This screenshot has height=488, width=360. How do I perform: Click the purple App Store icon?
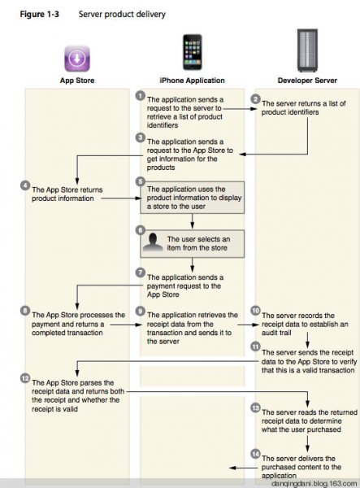pos(77,59)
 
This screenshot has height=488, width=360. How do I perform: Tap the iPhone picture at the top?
pos(192,52)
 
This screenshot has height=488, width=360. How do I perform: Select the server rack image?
pos(307,50)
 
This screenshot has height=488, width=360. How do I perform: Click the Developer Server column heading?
pos(307,81)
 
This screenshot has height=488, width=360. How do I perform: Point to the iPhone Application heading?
pos(192,81)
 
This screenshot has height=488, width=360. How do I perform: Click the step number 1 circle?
pos(141,95)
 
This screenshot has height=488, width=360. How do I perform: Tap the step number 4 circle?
pos(25,185)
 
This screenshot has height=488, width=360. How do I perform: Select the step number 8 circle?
pos(25,311)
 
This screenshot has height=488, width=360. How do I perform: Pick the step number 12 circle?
pos(25,378)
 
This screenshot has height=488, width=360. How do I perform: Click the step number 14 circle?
pos(255,454)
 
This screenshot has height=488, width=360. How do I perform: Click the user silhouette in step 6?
pos(153,242)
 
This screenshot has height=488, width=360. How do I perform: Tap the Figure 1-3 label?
pos(40,15)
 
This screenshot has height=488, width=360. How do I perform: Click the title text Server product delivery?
pos(122,15)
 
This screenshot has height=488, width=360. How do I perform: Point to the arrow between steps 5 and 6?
pos(192,221)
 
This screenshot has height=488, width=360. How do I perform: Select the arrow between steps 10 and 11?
pos(307,340)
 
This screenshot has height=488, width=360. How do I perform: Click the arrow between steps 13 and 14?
pos(307,444)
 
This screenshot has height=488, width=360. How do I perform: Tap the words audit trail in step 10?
pos(276,333)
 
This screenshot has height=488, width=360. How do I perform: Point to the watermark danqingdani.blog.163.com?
pos(314,484)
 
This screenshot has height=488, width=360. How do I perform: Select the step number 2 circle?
pos(255,99)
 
